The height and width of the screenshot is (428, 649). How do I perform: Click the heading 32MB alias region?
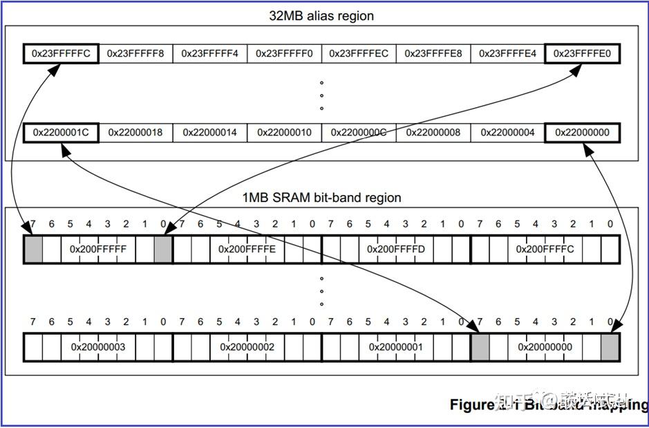point(321,16)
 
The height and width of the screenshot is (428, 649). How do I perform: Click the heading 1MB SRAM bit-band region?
point(321,198)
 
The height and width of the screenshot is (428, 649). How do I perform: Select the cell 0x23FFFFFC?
point(61,53)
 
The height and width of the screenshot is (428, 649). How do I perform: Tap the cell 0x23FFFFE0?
point(582,53)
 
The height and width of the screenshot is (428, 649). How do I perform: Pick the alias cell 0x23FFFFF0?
point(284,53)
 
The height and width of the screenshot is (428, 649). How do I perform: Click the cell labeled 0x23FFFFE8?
point(433,53)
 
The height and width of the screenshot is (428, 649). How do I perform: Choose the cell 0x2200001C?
point(61,132)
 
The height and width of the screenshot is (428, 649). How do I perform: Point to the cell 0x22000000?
point(582,132)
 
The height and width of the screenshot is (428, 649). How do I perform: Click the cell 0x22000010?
point(284,132)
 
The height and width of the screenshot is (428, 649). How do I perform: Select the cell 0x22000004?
point(507,132)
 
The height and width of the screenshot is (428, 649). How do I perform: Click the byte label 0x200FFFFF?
point(98,249)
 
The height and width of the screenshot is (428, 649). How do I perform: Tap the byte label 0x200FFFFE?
point(247,249)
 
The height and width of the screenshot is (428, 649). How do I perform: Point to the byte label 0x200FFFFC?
point(545,249)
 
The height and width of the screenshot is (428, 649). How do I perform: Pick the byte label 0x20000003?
point(98,346)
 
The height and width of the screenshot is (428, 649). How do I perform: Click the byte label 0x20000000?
point(545,346)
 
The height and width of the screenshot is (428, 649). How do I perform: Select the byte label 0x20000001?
point(395,346)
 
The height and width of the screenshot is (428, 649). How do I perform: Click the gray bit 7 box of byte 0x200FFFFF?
point(33,249)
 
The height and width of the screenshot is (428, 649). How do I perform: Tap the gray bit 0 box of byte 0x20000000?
point(610,346)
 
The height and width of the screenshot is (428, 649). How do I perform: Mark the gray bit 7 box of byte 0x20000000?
point(480,346)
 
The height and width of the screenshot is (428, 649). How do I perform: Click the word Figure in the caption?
point(471,404)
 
